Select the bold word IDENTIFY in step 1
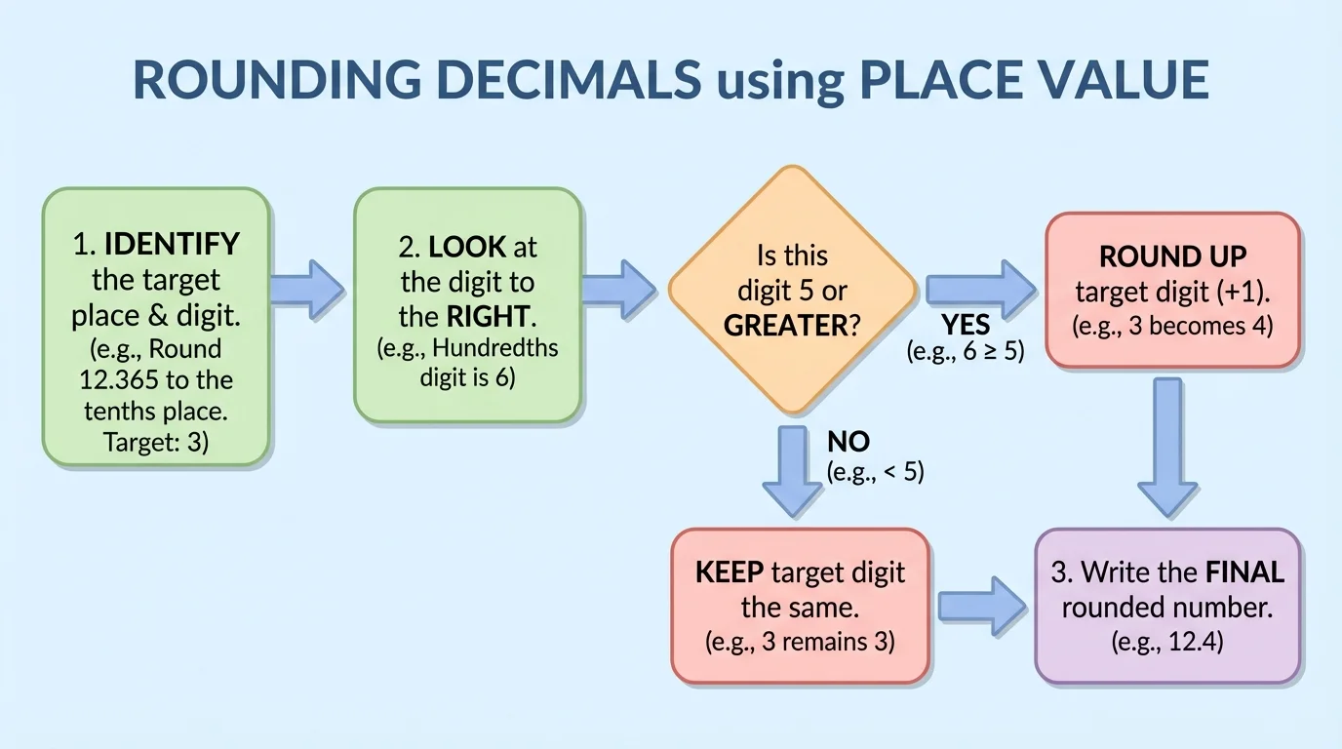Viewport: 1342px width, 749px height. [172, 244]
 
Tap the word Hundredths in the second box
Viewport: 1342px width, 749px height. [494, 347]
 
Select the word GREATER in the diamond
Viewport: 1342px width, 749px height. [785, 326]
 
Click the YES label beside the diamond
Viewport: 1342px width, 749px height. [966, 324]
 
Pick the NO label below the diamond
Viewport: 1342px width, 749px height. [848, 442]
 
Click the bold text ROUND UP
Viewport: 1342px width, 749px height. [1172, 256]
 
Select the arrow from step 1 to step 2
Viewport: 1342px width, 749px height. [307, 290]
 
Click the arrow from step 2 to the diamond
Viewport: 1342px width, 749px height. [619, 290]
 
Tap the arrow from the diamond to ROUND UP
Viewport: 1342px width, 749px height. [979, 290]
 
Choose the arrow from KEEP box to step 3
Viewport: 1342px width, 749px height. [981, 607]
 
